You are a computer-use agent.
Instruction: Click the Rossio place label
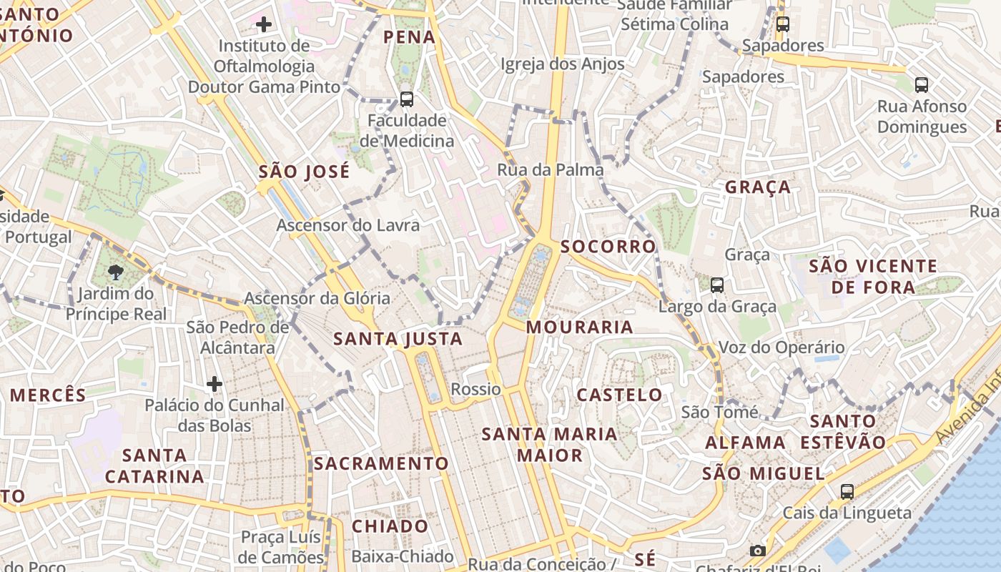[475, 389]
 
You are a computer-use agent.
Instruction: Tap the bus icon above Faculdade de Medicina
[407, 99]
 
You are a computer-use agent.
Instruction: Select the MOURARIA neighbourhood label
[579, 327]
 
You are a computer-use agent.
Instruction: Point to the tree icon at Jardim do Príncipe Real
[114, 272]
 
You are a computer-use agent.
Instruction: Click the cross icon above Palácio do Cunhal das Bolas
[214, 384]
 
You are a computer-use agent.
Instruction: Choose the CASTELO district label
[619, 395]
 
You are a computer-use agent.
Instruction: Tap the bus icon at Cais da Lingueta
[847, 491]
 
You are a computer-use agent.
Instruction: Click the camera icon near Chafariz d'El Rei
[757, 551]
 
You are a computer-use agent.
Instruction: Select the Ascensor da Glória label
[317, 298]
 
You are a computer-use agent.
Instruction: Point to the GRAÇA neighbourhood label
[758, 187]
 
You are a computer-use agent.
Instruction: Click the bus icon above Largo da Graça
[717, 285]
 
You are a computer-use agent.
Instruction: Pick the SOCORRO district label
[608, 247]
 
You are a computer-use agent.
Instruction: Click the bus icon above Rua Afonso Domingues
[922, 85]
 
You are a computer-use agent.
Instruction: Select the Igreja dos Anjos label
[562, 64]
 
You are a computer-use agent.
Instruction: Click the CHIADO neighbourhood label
[390, 526]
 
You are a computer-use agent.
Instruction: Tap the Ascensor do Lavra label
[348, 225]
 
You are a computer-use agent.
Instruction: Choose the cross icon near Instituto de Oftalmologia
[264, 25]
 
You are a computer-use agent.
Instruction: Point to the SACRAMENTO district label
[381, 463]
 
